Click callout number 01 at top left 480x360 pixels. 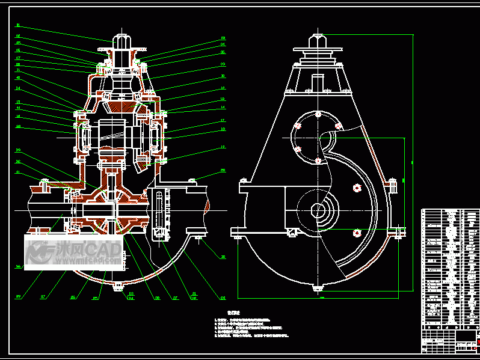pyautogui.click(x=18, y=25)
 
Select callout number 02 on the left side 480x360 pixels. pyautogui.click(x=18, y=36)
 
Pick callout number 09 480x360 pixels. pyautogui.click(x=223, y=64)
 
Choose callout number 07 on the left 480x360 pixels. pyautogui.click(x=18, y=58)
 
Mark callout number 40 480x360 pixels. pyautogui.click(x=18, y=78)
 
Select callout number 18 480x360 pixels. pyautogui.click(x=223, y=129)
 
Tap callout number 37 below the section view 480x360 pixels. pyautogui.click(x=43, y=296)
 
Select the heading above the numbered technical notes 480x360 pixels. pyautogui.click(x=234, y=313)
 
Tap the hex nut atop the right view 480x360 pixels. pyautogui.click(x=317, y=41)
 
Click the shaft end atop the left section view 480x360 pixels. pyautogui.click(x=125, y=41)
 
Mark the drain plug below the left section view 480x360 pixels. pyautogui.click(x=118, y=285)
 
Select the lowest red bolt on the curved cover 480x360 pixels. pyautogui.click(x=357, y=233)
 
